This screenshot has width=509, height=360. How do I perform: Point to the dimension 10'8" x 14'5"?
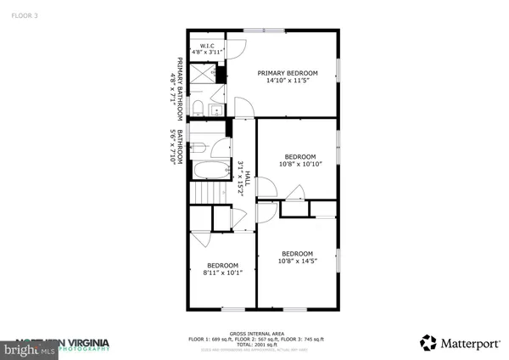[298, 262]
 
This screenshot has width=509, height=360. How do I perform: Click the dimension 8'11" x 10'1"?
[222, 273]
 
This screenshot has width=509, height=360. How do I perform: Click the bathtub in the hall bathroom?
[210, 170]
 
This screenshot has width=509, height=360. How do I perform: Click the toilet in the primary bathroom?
[196, 106]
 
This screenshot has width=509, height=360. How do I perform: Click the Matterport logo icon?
[428, 343]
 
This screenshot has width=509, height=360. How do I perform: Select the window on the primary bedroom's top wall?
[264, 31]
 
